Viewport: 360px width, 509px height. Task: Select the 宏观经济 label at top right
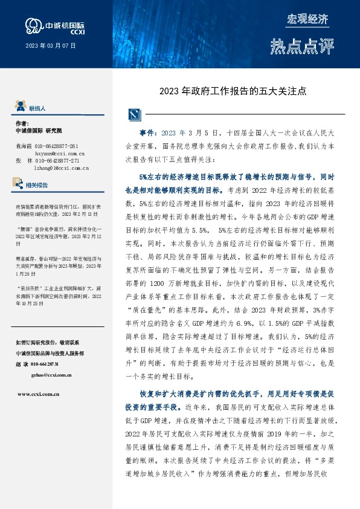click(x=307, y=19)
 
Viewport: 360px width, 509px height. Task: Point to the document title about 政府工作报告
click(x=233, y=92)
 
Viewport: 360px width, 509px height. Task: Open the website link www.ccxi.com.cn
click(x=38, y=394)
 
